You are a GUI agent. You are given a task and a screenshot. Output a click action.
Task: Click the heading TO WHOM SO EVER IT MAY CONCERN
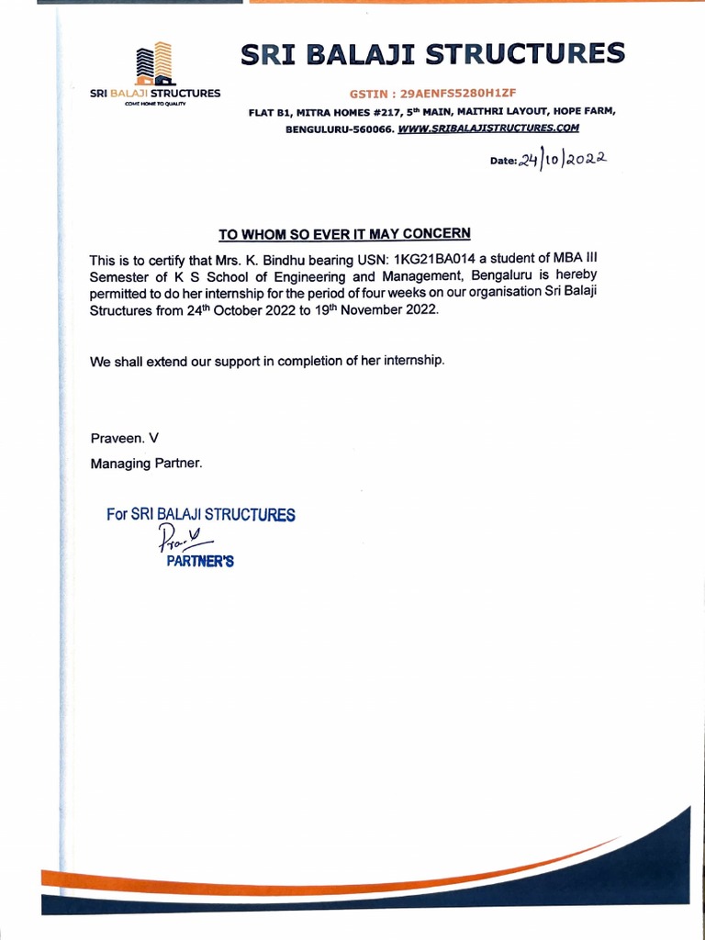344,233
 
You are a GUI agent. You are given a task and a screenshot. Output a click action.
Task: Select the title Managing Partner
145,463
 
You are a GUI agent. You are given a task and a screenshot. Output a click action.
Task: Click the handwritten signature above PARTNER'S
180,539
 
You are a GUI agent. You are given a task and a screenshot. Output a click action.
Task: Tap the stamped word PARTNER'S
199,562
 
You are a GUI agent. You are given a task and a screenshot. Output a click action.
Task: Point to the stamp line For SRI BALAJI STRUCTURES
201,515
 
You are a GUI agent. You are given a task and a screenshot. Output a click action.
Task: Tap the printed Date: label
503,161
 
